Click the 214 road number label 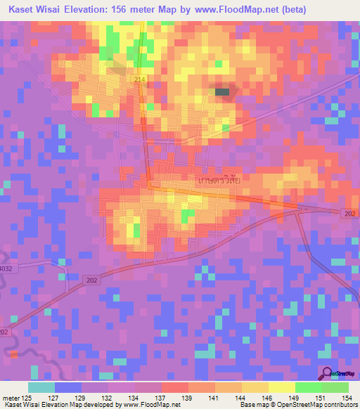coord(140,80)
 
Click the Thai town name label coord(220,180)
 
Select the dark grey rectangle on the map coord(222,91)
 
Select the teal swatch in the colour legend coord(41,387)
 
